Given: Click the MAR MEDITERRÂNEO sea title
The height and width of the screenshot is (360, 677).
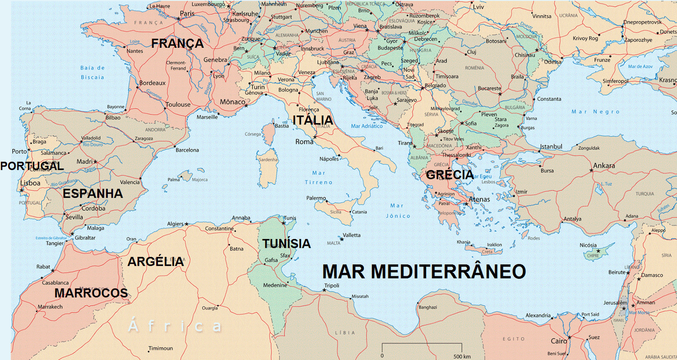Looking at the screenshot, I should (424, 272).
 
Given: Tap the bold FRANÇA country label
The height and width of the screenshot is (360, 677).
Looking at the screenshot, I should (177, 44).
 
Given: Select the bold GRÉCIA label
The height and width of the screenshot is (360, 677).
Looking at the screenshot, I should (449, 175).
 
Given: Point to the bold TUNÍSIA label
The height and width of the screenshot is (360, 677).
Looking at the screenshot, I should (286, 244).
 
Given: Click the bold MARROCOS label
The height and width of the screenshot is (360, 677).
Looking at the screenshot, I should (91, 293).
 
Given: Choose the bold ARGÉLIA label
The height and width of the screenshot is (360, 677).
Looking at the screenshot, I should (156, 262).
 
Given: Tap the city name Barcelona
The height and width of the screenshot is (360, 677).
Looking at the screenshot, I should (187, 150).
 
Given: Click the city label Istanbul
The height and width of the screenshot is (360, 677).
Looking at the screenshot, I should (551, 147).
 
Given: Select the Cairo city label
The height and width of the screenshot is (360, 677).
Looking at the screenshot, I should (559, 341).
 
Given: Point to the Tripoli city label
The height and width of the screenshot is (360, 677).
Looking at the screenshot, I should (332, 286).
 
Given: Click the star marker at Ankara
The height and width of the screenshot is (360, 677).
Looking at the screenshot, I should (591, 170).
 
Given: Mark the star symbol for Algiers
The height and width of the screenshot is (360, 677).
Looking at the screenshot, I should (187, 224).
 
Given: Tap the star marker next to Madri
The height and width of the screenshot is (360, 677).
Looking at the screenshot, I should (96, 162).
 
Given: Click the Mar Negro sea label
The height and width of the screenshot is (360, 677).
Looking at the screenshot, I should (595, 112).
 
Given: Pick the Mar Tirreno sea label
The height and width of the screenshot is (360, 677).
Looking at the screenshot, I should (319, 178).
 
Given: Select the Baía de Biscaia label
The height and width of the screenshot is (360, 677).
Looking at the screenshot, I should (92, 72).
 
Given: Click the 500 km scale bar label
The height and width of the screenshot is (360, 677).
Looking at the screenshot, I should (462, 356).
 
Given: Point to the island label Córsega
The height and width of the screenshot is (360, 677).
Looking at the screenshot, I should (253, 134).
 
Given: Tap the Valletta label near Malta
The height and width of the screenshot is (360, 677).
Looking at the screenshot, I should (352, 235).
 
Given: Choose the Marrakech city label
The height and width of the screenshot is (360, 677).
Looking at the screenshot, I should (50, 307).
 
